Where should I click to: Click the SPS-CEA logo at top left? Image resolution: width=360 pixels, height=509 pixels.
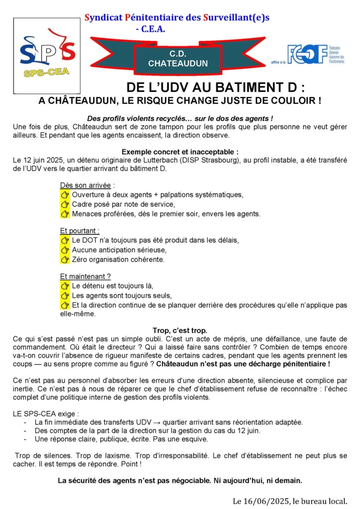(x=47, y=56)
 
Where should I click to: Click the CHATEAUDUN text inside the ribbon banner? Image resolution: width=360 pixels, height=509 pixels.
(x=178, y=64)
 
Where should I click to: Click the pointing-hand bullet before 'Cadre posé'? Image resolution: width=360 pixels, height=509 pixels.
(x=65, y=204)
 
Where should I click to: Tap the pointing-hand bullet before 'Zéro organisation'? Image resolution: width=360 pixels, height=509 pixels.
(x=65, y=259)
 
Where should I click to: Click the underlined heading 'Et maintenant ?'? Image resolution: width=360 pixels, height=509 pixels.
(x=85, y=276)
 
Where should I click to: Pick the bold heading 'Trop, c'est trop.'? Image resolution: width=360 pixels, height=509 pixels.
(x=180, y=331)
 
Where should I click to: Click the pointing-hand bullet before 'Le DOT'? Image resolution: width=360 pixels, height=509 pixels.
(x=65, y=240)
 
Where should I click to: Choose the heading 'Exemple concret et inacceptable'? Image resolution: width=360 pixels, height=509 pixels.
(x=180, y=152)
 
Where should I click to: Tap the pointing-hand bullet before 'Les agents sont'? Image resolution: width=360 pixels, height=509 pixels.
(x=65, y=296)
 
